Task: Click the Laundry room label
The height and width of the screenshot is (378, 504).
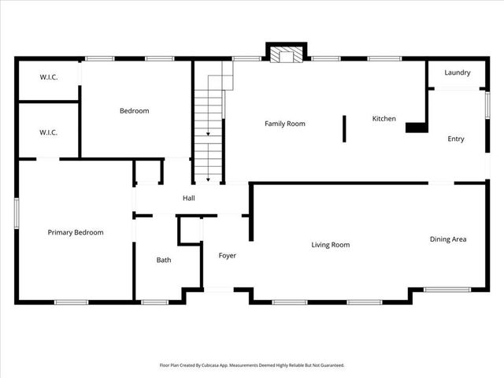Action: pyautogui.click(x=458, y=73)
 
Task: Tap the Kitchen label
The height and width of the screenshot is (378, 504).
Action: pyautogui.click(x=384, y=119)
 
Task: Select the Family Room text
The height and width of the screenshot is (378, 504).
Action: pyautogui.click(x=285, y=124)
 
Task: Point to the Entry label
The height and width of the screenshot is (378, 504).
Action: pyautogui.click(x=456, y=139)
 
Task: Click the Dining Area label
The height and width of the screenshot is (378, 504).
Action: pyautogui.click(x=448, y=239)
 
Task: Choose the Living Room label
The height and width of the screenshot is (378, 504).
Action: pyautogui.click(x=330, y=245)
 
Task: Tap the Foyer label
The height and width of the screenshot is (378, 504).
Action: pyautogui.click(x=228, y=256)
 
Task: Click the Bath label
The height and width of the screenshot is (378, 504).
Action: pyautogui.click(x=164, y=260)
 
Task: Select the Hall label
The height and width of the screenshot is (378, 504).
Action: pyautogui.click(x=189, y=198)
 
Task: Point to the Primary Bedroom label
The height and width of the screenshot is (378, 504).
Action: pyautogui.click(x=76, y=232)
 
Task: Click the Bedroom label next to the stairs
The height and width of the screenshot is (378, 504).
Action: pyautogui.click(x=134, y=111)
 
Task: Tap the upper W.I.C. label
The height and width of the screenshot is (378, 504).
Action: pyautogui.click(x=49, y=77)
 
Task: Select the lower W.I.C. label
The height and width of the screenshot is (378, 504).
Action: pyautogui.click(x=49, y=132)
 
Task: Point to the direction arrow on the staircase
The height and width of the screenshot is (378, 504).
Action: pyautogui.click(x=209, y=134)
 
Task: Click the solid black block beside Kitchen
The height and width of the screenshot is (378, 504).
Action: pyautogui.click(x=417, y=127)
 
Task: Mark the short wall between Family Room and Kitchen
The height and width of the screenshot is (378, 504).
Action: pyautogui.click(x=344, y=128)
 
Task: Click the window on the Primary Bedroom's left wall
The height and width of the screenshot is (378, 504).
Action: pyautogui.click(x=17, y=214)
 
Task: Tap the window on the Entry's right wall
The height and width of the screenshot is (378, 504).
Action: pyautogui.click(x=487, y=105)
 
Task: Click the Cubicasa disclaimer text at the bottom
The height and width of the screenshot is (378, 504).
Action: pyautogui.click(x=252, y=365)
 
